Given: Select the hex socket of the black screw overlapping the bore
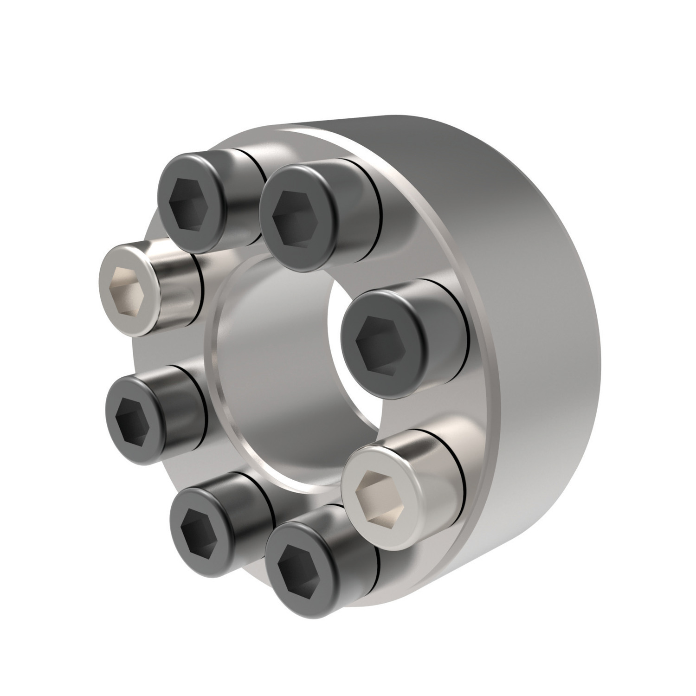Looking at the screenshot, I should [377, 342].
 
